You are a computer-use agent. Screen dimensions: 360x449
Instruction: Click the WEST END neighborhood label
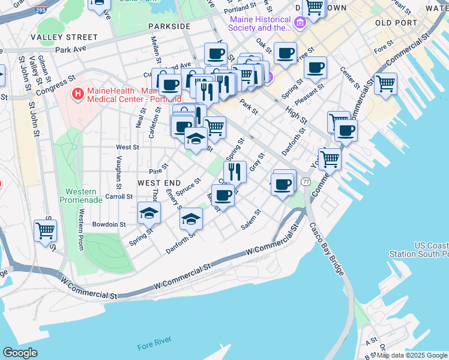coord(159,182)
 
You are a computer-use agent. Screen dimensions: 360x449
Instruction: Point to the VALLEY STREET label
coord(64,37)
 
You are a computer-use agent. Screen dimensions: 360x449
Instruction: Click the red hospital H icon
coord(77,94)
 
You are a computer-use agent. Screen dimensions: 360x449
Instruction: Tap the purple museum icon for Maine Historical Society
coord(300,23)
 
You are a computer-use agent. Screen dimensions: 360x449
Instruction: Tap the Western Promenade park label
coord(80,196)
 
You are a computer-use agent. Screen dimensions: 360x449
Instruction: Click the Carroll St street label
coord(118,196)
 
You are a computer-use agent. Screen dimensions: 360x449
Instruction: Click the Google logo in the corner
coord(20,353)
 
